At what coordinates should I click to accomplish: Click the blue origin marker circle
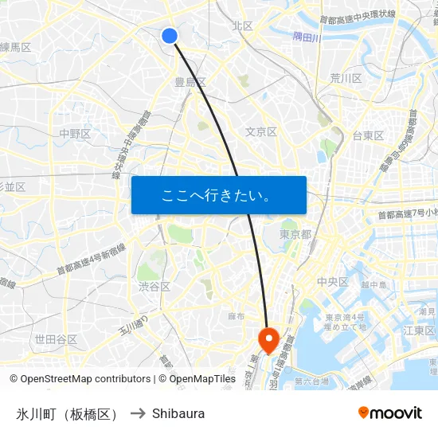click(169, 35)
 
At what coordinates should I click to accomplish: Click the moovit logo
click(389, 413)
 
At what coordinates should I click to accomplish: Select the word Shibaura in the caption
click(178, 413)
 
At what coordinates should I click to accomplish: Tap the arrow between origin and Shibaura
click(138, 413)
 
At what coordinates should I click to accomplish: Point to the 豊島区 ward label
click(190, 81)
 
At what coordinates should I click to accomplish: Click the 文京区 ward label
click(260, 131)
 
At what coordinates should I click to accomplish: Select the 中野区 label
click(75, 134)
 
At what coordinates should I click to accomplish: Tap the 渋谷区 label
click(154, 287)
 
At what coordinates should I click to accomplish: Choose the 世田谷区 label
click(56, 339)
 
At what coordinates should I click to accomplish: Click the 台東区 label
click(368, 135)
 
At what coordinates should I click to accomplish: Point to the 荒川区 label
click(346, 78)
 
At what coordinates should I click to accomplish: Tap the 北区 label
click(242, 25)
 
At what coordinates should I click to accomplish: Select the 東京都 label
click(295, 234)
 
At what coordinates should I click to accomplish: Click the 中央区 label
click(332, 281)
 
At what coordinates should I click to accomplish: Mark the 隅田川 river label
click(306, 37)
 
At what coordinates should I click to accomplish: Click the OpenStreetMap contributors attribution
click(80, 379)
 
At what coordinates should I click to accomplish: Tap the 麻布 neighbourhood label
click(236, 316)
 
